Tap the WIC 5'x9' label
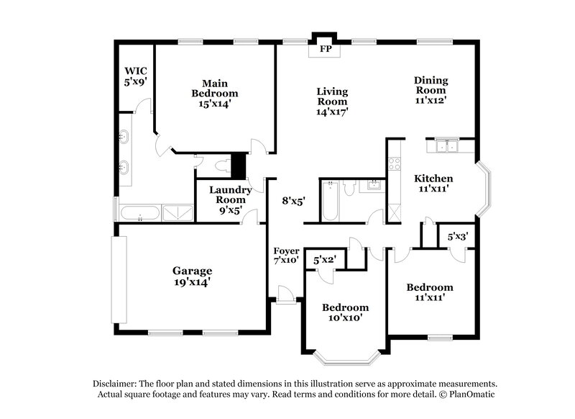(x=134, y=76)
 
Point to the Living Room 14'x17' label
(x=332, y=102)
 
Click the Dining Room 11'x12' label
(x=431, y=90)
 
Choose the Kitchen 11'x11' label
(x=433, y=184)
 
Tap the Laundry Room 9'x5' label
(x=230, y=200)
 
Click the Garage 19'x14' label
(x=192, y=276)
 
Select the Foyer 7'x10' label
(x=286, y=255)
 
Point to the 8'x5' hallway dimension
(x=293, y=202)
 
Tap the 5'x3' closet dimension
(x=458, y=235)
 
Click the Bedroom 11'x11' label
(x=430, y=292)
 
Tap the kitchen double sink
(x=449, y=148)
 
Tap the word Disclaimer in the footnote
(x=116, y=384)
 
